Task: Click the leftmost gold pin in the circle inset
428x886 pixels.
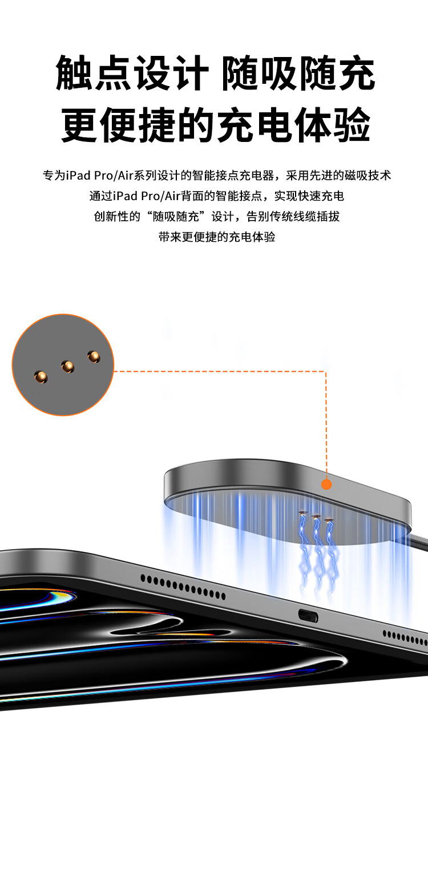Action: coord(41,377)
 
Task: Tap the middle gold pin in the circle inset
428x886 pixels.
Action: coord(68,367)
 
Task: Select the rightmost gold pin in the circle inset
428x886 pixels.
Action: coord(94,357)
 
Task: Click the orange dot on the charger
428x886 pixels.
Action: coord(326,484)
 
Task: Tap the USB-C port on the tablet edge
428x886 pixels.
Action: coord(308,616)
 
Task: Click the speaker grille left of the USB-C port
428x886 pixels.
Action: coord(183,587)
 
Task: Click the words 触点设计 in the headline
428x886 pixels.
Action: coord(132,73)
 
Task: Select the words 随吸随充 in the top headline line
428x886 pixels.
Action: coord(298,73)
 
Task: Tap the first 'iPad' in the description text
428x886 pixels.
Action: coord(78,175)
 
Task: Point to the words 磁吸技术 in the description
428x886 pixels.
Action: coord(368,175)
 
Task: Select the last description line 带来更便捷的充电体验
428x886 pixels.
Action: coord(217,237)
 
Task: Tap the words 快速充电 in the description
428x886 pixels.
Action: coord(321,196)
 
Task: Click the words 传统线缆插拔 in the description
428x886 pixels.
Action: coord(305,216)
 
